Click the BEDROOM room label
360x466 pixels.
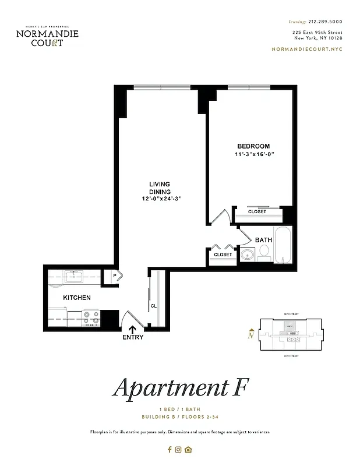253,146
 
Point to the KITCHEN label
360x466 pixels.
77,298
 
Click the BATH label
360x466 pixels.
263,239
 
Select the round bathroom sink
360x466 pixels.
248,254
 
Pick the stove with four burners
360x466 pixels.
90,317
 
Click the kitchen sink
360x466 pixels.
74,276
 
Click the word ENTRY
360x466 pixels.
133,337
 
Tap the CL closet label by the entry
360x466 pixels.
154,305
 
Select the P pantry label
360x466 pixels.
115,276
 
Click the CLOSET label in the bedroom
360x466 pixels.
257,212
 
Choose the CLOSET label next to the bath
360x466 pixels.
223,255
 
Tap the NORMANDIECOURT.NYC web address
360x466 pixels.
307,49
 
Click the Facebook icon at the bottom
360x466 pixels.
170,449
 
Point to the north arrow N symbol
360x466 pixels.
250,334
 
